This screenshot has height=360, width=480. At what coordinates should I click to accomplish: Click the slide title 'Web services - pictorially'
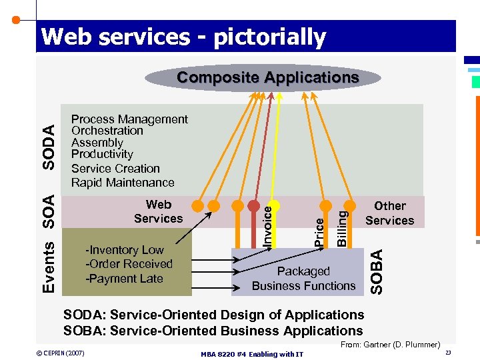point(183,37)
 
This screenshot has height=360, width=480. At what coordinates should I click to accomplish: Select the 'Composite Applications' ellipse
point(267,77)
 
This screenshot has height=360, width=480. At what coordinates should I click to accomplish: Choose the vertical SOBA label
point(377,271)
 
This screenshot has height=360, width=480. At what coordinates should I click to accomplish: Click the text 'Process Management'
point(129,119)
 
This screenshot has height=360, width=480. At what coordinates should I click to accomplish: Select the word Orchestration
point(107,131)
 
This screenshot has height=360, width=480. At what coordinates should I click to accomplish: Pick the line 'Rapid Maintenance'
point(123,183)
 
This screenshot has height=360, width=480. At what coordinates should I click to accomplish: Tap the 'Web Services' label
point(158,212)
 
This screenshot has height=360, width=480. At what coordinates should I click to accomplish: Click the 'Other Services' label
point(389,213)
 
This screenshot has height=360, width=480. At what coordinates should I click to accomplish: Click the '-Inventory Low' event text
point(125,250)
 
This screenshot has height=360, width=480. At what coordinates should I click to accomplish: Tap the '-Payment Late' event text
point(124,279)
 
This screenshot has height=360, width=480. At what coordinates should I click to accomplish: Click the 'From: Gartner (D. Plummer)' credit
point(390,345)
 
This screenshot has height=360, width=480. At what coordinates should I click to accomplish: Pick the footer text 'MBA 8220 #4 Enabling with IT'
point(251,354)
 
